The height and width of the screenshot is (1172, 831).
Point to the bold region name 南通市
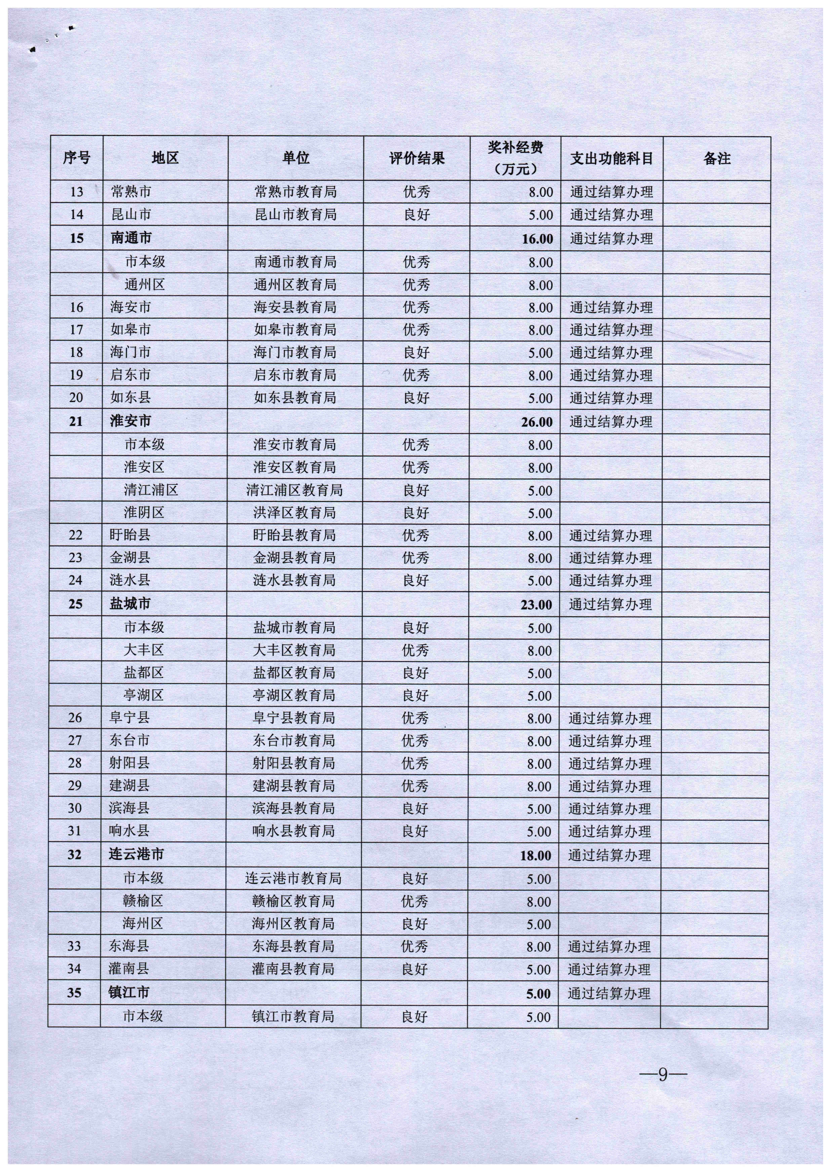click(x=131, y=238)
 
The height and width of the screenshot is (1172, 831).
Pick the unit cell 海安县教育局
click(x=295, y=307)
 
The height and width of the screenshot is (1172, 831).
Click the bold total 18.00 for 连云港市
click(x=535, y=855)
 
